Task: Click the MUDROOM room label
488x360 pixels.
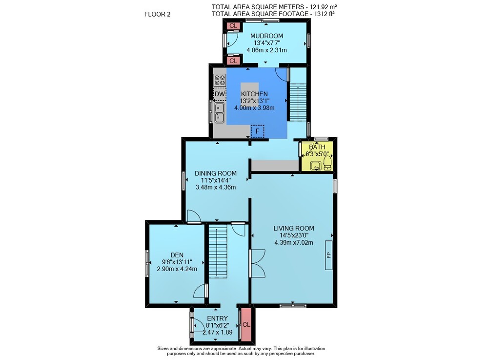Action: [x=267, y=36]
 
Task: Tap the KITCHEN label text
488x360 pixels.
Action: [x=254, y=94]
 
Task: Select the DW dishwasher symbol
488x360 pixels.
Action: [x=220, y=94]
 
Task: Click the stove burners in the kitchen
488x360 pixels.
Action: [x=220, y=80]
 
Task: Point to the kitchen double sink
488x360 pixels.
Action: [x=220, y=113]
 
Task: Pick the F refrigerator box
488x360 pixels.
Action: [x=257, y=131]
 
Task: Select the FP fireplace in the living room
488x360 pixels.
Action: [x=328, y=255]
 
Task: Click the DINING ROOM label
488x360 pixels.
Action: [x=216, y=173]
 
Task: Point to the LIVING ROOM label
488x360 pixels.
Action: [x=294, y=228]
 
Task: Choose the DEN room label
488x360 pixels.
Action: [x=177, y=255]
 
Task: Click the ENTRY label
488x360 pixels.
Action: [x=218, y=318]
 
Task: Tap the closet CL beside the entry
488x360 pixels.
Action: [x=246, y=324]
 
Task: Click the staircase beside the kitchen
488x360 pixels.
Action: [x=298, y=102]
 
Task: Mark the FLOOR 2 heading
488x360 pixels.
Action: [x=158, y=14]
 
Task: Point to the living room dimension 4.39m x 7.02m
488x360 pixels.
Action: [x=294, y=243]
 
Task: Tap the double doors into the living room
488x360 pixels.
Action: [x=258, y=263]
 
